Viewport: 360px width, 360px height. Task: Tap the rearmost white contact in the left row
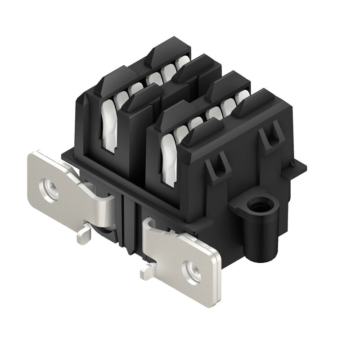coord(183,63)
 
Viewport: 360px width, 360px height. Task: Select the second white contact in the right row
coord(181,133)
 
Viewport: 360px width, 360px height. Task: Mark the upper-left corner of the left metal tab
coord(31,155)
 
